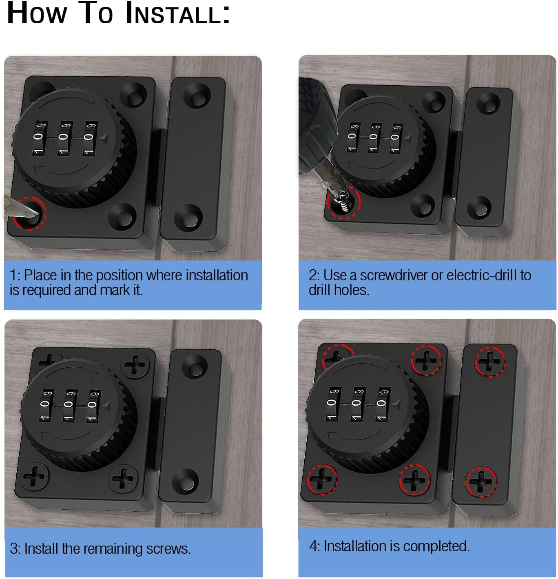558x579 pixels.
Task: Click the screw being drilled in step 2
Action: (343, 202)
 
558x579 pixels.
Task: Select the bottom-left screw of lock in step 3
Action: (35, 476)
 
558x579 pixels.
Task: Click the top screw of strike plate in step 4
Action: (490, 361)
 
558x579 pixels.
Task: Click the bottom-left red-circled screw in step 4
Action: (322, 479)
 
